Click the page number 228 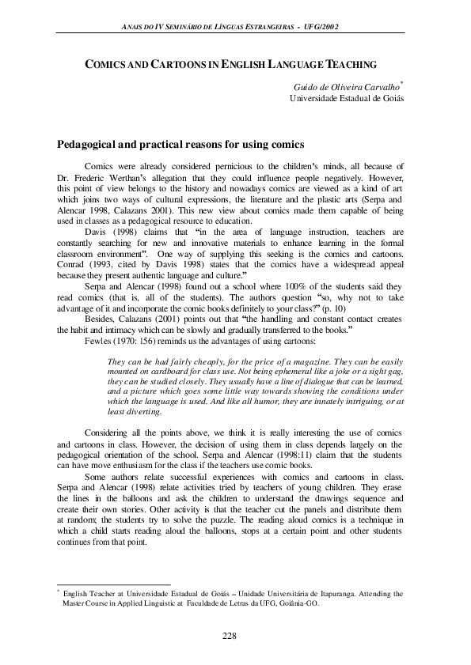click(230, 637)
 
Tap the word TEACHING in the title click(349, 63)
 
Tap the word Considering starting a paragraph click(109, 433)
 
